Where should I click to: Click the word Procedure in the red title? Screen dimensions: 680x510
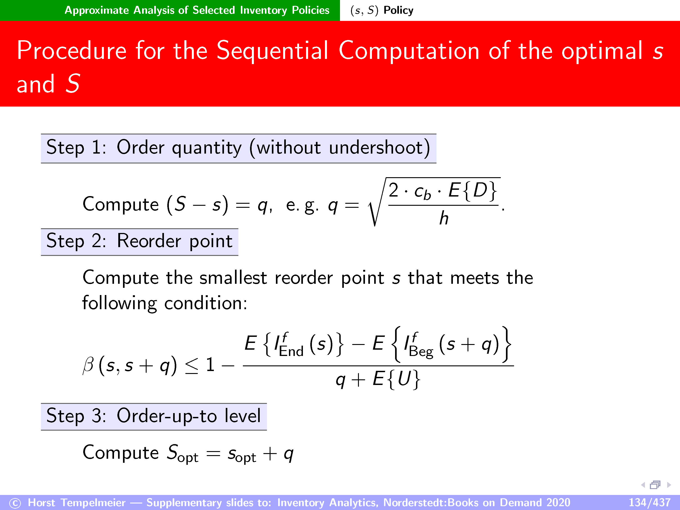(72, 51)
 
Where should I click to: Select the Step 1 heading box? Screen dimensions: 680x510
(239, 148)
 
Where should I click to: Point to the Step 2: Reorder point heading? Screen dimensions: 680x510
(140, 242)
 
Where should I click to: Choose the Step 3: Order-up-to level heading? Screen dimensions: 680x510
(154, 416)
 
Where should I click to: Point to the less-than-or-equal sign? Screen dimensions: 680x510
(192, 366)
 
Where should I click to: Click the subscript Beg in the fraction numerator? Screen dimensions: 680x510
(421, 352)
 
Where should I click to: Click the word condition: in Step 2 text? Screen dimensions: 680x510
(206, 303)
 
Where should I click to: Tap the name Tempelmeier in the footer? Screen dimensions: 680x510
(93, 503)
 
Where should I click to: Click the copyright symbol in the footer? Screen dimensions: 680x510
(15, 503)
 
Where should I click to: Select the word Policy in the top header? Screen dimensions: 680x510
(398, 10)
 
